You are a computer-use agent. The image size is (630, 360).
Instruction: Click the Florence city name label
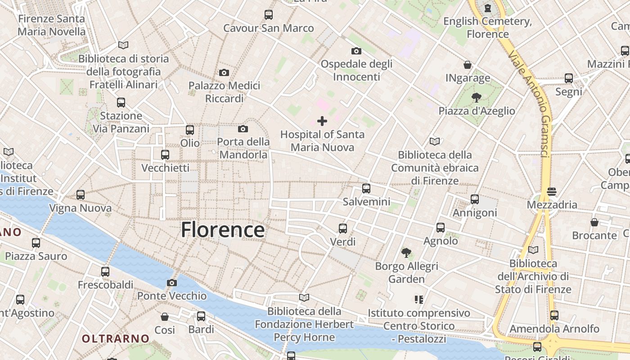coord(223,230)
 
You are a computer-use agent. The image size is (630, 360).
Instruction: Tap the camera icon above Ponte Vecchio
coord(171,283)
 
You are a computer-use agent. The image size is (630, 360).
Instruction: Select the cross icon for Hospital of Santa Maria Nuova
coord(322,121)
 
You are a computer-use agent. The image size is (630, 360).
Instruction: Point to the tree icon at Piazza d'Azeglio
coord(476,97)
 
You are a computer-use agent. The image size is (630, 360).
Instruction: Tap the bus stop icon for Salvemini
coord(366,188)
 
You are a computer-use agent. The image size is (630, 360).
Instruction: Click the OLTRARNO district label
coord(116,338)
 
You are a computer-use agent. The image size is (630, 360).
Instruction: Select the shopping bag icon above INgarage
coord(468,65)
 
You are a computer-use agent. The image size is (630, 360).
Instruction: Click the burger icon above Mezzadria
coord(552,192)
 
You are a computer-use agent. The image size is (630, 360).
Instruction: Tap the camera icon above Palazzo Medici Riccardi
coord(224,72)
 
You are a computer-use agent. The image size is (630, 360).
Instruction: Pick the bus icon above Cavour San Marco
coord(269,15)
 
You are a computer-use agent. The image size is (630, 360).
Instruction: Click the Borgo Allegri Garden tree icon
coord(406,253)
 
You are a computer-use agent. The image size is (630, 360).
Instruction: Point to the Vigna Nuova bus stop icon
coord(81,195)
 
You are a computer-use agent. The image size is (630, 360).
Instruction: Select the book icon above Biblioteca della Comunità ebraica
coord(434,142)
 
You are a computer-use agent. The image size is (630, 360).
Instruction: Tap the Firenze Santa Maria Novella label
coord(51,25)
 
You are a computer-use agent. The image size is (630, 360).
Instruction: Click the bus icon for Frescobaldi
coord(105,272)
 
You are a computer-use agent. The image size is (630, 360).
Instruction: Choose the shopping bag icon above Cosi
coord(165,317)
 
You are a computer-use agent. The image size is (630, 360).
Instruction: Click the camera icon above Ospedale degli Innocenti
coord(356,51)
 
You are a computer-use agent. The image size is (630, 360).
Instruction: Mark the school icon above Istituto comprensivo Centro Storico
coord(419,300)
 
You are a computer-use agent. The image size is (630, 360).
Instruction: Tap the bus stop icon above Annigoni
coord(474,199)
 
